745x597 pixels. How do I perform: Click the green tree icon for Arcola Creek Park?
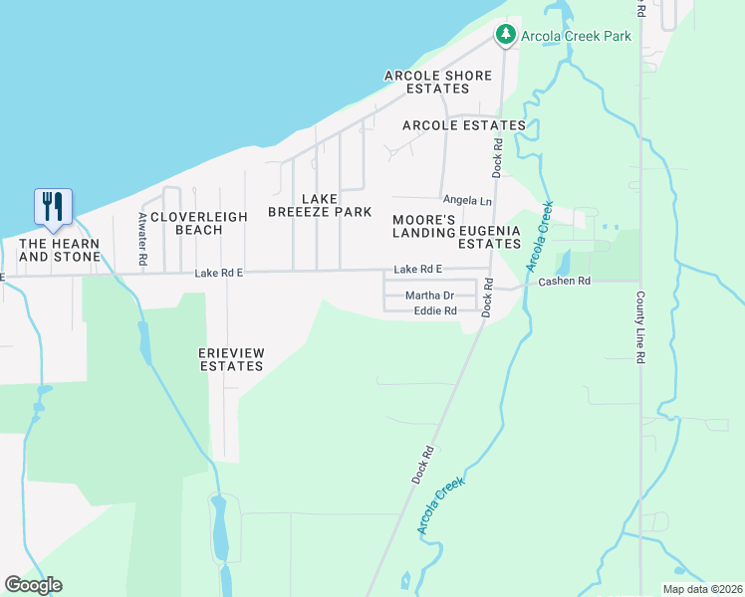(506, 36)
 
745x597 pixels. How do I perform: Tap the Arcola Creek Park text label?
(575, 36)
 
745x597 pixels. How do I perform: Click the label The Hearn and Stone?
(60, 250)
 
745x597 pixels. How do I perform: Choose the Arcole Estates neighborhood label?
(463, 125)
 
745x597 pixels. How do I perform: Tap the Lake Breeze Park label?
(320, 205)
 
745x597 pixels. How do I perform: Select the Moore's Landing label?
(423, 226)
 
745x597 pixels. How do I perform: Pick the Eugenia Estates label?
(489, 237)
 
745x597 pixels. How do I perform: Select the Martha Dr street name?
(429, 296)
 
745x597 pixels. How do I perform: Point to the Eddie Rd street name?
(435, 311)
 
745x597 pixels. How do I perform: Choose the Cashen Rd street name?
(565, 282)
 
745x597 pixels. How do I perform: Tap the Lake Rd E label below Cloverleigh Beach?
(219, 273)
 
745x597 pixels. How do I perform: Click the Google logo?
(33, 585)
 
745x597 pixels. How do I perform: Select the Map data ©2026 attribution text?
(701, 589)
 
